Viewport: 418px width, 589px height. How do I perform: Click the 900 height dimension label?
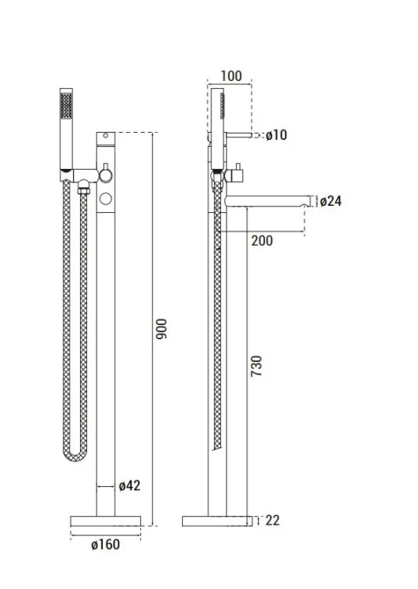click(162, 329)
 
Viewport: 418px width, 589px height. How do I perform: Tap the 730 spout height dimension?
click(256, 366)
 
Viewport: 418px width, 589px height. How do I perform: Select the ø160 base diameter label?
click(105, 544)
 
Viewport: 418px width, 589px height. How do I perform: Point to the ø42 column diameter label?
click(129, 485)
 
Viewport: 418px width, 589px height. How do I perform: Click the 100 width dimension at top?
click(231, 76)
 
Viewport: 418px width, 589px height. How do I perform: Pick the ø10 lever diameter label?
click(277, 135)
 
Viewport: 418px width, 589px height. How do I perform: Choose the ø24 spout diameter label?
click(331, 201)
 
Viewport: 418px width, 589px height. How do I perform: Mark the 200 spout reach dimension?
click(262, 240)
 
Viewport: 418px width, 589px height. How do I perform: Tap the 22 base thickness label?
click(272, 521)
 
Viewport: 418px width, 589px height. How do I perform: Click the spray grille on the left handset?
click(67, 106)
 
